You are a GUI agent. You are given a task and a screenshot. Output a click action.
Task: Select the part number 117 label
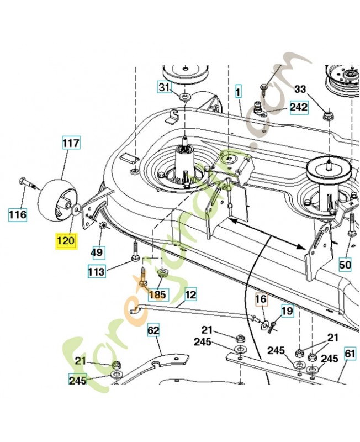click(71, 143)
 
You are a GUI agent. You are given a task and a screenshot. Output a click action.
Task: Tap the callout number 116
click(17, 214)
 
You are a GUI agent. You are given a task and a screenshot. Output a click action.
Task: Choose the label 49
click(97, 252)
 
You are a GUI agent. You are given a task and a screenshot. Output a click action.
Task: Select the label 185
click(157, 294)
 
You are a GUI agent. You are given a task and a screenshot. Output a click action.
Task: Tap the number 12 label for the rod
click(190, 295)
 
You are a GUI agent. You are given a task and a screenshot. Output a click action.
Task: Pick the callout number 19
click(288, 311)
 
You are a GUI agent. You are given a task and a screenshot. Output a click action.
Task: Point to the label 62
click(153, 331)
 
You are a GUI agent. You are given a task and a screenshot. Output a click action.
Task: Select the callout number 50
click(345, 265)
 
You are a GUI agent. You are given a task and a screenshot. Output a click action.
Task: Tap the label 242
click(299, 107)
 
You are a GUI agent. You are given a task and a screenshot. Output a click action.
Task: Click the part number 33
click(300, 89)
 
